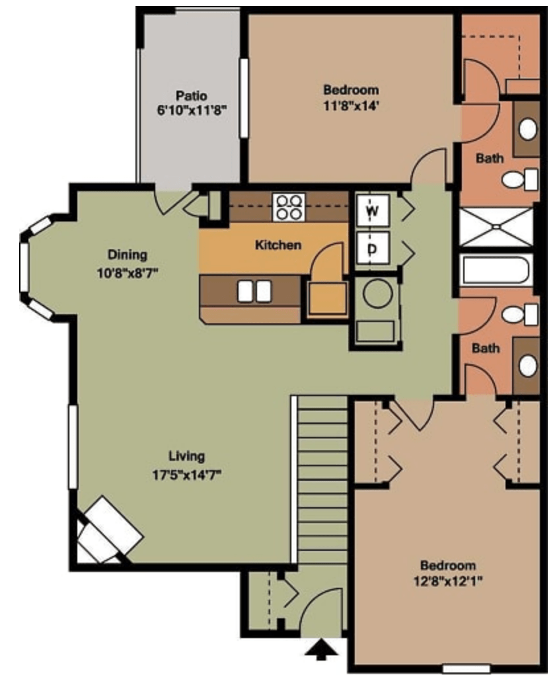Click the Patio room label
pyautogui.click(x=191, y=95)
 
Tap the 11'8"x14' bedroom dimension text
pyautogui.click(x=351, y=106)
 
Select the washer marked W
pyautogui.click(x=373, y=210)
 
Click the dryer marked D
pyautogui.click(x=373, y=249)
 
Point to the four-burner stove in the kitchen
pyautogui.click(x=289, y=207)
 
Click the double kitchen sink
pyautogui.click(x=254, y=291)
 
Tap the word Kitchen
pyautogui.click(x=278, y=245)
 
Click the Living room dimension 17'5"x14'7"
pyautogui.click(x=187, y=475)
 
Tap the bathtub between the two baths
pyautogui.click(x=496, y=270)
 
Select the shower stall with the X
pyautogui.click(x=496, y=227)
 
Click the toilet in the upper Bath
pyautogui.click(x=520, y=179)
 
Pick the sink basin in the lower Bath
pyautogui.click(x=527, y=366)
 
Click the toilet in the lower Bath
pyautogui.click(x=520, y=315)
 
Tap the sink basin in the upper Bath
pyautogui.click(x=528, y=129)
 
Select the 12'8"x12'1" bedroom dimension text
pyautogui.click(x=448, y=581)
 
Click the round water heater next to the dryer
pyautogui.click(x=377, y=293)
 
